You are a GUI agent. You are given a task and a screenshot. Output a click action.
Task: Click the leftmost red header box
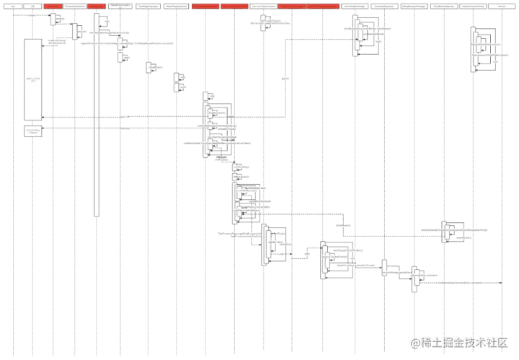(53, 6)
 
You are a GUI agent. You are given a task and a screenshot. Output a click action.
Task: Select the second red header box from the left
(97, 6)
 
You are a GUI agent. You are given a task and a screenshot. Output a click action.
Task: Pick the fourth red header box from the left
(234, 6)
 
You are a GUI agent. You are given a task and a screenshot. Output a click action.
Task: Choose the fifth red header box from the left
(291, 6)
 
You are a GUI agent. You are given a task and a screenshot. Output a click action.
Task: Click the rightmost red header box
(322, 6)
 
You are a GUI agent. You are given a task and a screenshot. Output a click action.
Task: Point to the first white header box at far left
(12, 6)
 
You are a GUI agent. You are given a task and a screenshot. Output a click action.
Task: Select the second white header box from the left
(32, 6)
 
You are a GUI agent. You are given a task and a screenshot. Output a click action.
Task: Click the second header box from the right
(472, 6)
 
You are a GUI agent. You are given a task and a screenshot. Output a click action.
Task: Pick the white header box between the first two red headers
(75, 6)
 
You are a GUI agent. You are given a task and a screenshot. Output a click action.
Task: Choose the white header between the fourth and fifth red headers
(262, 6)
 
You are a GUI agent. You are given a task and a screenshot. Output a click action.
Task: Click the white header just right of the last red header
(354, 6)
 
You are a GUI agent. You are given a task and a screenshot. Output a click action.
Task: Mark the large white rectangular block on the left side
(33, 79)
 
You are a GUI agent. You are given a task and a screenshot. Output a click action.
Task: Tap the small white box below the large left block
(33, 131)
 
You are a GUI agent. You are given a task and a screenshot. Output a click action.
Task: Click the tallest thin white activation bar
(97, 115)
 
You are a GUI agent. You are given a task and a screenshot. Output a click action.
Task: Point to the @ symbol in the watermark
(415, 342)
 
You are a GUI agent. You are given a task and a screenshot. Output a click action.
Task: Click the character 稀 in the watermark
(427, 342)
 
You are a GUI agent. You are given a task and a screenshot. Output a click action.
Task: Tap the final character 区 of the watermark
(505, 342)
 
